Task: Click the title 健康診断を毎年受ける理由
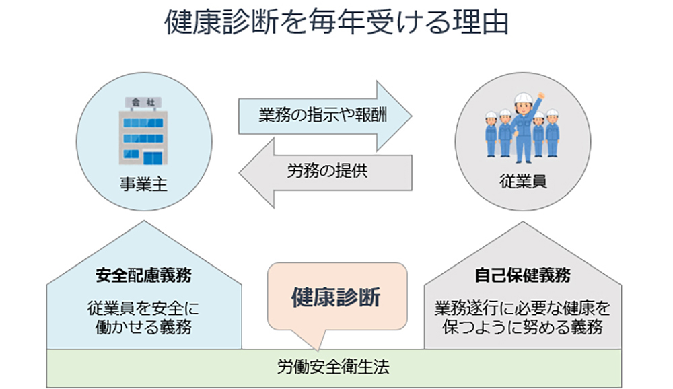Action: (336, 22)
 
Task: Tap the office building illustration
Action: (143, 131)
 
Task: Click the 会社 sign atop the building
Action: (143, 102)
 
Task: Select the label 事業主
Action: (143, 184)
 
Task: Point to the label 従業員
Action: (523, 182)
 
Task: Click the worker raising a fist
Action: (524, 127)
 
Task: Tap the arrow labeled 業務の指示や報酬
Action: (325, 116)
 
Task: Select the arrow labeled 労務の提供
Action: (325, 172)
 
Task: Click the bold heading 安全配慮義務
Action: (143, 275)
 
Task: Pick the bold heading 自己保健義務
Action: (522, 275)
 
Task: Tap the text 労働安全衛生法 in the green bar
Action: (333, 367)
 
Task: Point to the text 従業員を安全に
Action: (143, 308)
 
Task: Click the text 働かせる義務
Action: (143, 328)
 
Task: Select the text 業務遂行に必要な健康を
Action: (522, 308)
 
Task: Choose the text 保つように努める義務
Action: (522, 328)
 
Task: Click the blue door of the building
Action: (153, 158)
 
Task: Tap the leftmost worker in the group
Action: (491, 134)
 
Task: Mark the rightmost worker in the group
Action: (553, 133)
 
